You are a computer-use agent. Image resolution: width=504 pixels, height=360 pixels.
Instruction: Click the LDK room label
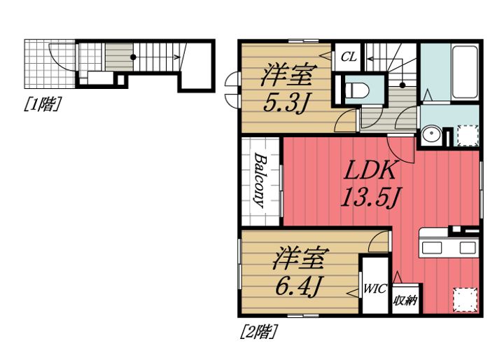[370, 170]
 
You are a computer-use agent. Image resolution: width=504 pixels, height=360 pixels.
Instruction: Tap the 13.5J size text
[370, 198]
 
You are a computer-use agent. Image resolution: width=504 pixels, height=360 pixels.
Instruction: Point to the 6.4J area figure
[298, 286]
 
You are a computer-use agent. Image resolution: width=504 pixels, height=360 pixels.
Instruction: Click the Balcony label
[260, 181]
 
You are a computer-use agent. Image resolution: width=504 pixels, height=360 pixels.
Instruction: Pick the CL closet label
[349, 57]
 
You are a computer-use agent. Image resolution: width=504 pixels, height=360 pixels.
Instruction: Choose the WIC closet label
[374, 289]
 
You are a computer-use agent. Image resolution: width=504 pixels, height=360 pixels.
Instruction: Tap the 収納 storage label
[405, 300]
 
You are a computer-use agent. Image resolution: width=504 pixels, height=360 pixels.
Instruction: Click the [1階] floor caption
[43, 104]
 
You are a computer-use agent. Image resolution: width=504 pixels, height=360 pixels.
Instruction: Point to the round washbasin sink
[431, 135]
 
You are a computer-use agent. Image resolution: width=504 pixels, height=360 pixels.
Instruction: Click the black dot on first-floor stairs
[133, 57]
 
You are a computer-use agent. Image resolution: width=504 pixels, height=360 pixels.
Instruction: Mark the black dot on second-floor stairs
[402, 85]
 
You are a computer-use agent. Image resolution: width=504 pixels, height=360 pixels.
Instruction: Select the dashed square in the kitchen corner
[465, 300]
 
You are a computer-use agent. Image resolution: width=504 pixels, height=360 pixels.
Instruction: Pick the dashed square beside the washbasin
[468, 135]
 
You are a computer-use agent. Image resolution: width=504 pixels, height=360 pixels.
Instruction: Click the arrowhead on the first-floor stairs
[177, 57]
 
